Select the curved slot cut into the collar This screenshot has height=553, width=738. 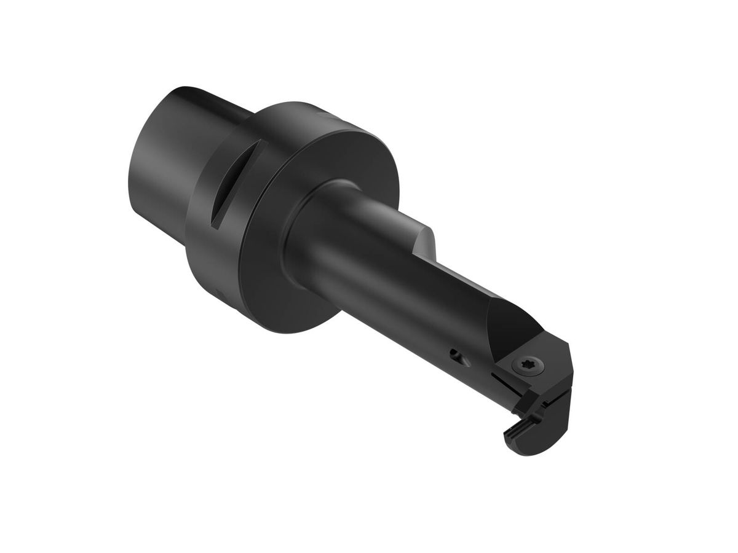point(226,184)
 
